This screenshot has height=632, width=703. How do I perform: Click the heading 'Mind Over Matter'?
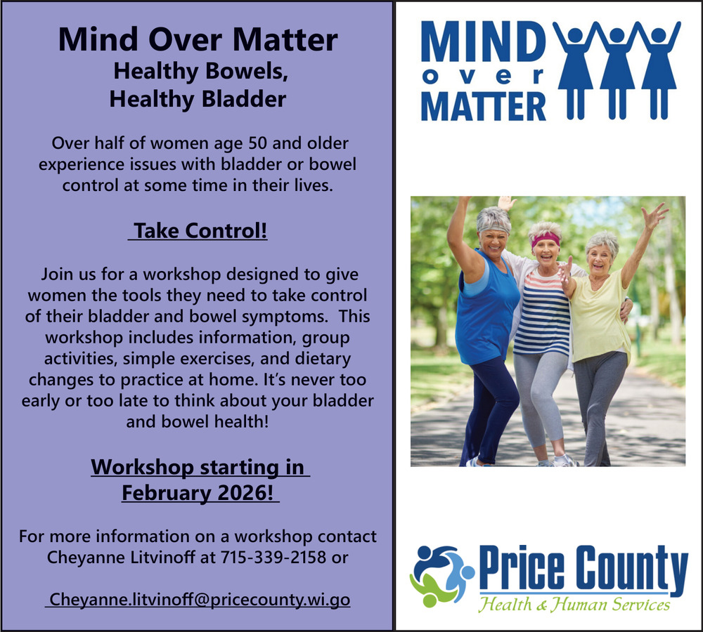(x=198, y=39)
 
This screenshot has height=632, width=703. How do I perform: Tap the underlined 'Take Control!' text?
(x=198, y=231)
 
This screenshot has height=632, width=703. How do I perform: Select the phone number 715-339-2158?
(x=273, y=557)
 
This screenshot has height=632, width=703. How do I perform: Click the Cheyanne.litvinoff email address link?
(x=198, y=599)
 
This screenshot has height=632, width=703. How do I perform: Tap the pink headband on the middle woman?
(x=546, y=239)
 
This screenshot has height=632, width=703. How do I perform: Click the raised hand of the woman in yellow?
(x=654, y=216)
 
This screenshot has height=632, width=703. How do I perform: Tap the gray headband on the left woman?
(x=494, y=226)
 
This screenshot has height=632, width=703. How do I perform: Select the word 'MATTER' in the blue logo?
(x=484, y=106)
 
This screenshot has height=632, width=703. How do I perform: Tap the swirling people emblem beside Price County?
(x=441, y=576)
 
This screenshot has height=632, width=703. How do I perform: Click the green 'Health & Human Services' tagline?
(x=574, y=604)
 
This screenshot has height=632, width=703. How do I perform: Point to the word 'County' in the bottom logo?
(x=632, y=569)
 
